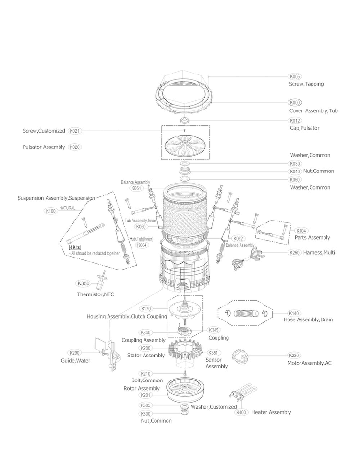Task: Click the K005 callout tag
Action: (295, 76)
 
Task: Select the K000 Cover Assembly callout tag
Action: (295, 103)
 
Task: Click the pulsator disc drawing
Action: (185, 147)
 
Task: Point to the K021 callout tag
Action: (75, 131)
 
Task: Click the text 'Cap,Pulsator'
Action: (304, 128)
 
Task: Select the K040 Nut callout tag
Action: (295, 172)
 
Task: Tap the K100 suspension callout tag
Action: (50, 211)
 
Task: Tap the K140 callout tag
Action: (294, 313)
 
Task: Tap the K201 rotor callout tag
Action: (145, 395)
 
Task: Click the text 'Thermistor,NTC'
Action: (96, 294)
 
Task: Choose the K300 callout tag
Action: (145, 414)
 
